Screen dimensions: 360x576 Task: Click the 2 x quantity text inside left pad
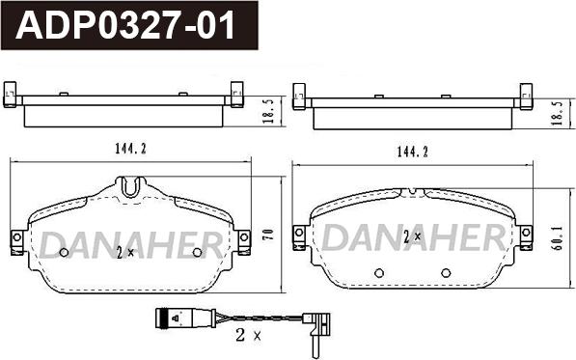[125, 253]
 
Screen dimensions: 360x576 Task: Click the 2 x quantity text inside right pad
[412, 236]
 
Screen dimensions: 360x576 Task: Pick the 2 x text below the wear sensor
[248, 337]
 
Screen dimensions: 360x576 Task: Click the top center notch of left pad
[132, 183]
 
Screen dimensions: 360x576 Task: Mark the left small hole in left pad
[65, 253]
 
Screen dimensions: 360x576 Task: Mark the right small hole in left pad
[198, 253]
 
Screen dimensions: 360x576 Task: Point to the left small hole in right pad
[378, 271]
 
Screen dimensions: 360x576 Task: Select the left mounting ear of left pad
[16, 242]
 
